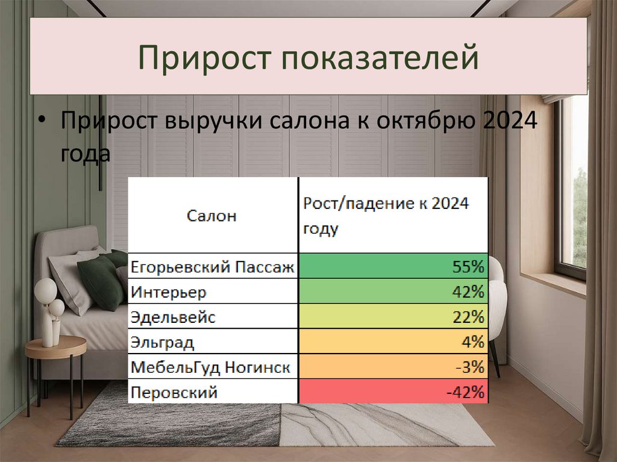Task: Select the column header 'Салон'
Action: [x=211, y=216]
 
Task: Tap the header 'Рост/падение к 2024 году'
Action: [x=386, y=216]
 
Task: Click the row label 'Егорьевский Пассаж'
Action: [x=213, y=266]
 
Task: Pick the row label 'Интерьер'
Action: [x=168, y=292]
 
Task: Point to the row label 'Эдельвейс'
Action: [x=172, y=317]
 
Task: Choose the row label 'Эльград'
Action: [x=162, y=343]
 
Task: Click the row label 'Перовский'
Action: [x=174, y=393]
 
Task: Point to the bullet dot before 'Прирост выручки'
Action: [x=40, y=120]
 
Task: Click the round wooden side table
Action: [x=55, y=348]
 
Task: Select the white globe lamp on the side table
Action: [x=46, y=292]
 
